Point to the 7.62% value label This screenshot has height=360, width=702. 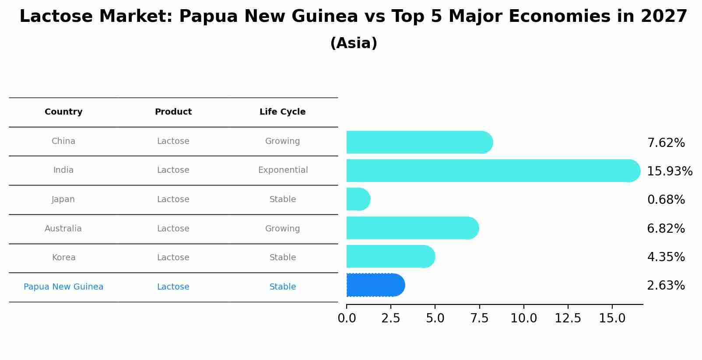(666, 143)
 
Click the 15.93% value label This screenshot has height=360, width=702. (669, 171)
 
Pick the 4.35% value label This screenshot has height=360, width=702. (666, 257)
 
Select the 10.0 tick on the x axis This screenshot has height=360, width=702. (523, 318)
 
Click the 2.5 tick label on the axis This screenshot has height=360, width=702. (391, 318)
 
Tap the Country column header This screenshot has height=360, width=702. (63, 112)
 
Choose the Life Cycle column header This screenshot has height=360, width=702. (282, 112)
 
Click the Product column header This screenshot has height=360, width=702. (173, 112)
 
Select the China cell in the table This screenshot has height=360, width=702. (63, 141)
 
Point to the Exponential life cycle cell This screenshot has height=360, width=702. (283, 170)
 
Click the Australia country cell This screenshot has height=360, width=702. (63, 229)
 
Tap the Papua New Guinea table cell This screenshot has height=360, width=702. (63, 287)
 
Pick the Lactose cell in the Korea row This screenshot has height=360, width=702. (173, 258)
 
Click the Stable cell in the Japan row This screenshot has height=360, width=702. (283, 199)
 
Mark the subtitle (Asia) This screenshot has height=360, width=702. (354, 43)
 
